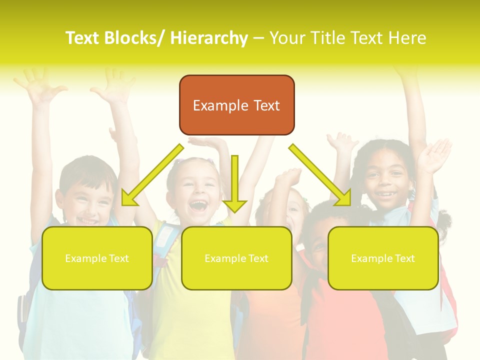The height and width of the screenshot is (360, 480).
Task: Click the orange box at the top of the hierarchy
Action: [236, 105]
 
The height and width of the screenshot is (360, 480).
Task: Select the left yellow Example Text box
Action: [97, 258]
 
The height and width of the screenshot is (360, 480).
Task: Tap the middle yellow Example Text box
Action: [236, 258]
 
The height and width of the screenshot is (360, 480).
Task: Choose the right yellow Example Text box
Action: [383, 258]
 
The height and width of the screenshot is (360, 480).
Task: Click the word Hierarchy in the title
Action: [209, 38]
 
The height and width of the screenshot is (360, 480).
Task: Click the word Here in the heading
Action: [406, 38]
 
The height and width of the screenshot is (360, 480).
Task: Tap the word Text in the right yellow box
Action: [404, 258]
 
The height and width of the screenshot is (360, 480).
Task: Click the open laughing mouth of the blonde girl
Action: [198, 205]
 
